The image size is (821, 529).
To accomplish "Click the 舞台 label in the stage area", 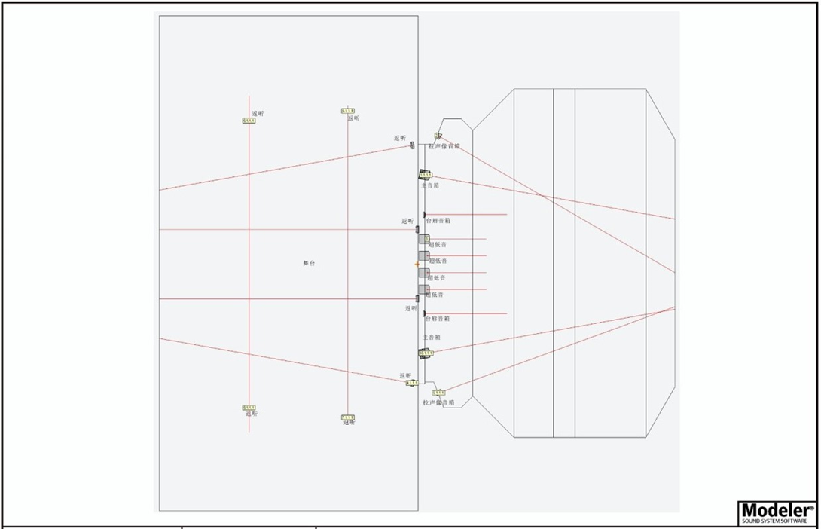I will (x=309, y=263).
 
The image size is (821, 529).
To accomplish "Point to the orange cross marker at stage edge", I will (x=417, y=264).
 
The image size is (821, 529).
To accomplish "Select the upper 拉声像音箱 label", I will (x=444, y=146).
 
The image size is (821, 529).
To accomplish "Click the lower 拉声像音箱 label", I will (x=438, y=403).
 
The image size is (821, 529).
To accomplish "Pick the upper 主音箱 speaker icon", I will (x=425, y=175).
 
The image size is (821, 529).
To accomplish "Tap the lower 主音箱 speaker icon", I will (x=426, y=353).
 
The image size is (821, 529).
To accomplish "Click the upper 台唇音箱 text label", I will (x=438, y=221).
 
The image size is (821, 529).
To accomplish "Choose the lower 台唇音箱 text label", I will (x=438, y=319).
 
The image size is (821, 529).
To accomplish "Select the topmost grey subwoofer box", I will (x=423, y=239).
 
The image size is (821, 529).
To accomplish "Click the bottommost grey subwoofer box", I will (x=423, y=289).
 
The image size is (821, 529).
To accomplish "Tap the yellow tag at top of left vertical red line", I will (x=249, y=121).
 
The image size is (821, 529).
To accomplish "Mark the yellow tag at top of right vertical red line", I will (x=348, y=111).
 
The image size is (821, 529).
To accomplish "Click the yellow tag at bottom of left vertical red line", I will (x=249, y=408).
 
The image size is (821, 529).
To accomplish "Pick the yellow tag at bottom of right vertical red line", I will (x=347, y=417).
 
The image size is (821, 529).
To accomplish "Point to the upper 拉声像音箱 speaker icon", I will (x=437, y=136).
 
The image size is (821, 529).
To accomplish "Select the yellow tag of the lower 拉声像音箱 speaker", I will (x=438, y=393).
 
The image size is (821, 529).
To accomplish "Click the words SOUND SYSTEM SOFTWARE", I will (x=776, y=521).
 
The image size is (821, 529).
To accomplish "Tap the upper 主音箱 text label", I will (x=430, y=185).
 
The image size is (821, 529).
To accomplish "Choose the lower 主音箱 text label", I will (x=431, y=338).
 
